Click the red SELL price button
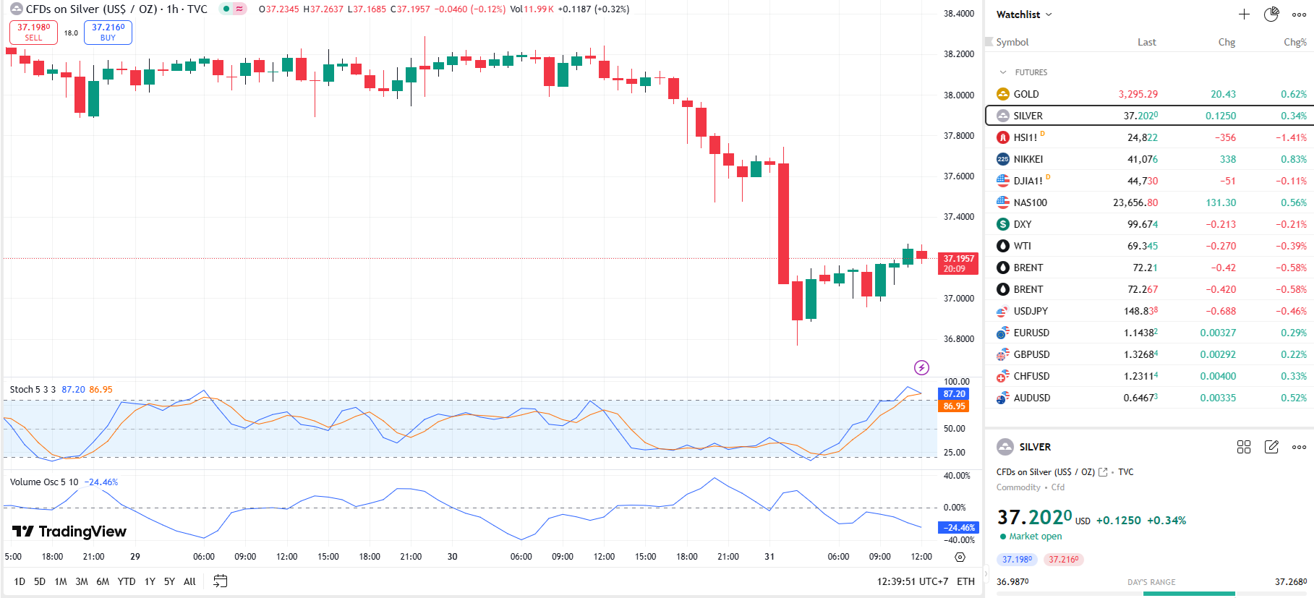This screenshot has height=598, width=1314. click(x=33, y=32)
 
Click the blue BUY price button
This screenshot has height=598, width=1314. click(x=108, y=32)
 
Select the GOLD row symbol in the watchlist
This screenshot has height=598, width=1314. click(x=1025, y=94)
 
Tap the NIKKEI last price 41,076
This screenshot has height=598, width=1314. click(x=1142, y=159)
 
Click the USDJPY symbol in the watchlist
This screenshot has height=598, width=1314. click(x=1030, y=311)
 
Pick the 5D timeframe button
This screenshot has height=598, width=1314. click(x=40, y=581)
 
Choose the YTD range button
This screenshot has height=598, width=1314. click(x=127, y=581)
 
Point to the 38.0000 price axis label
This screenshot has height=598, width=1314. click(x=959, y=95)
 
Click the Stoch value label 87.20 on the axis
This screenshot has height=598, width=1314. click(x=954, y=394)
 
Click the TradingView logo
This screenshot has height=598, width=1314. click(x=69, y=531)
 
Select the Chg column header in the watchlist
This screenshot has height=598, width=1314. click(x=1226, y=42)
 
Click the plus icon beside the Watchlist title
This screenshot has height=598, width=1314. click(x=1244, y=14)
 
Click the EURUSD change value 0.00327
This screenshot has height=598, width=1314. click(x=1218, y=333)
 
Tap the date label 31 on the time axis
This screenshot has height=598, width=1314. click(x=769, y=557)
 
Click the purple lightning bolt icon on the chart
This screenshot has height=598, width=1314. click(x=921, y=367)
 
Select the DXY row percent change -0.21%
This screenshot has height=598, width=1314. click(x=1291, y=224)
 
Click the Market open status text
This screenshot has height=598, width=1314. click(x=1035, y=537)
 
